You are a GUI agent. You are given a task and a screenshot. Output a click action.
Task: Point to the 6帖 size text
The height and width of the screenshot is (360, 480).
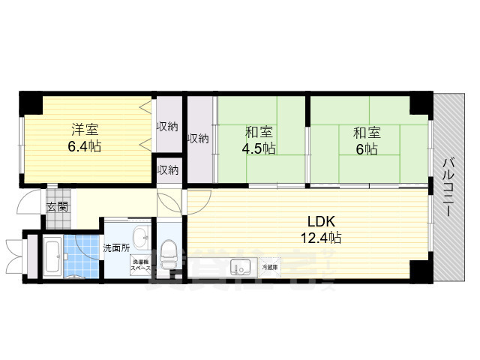click(367, 148)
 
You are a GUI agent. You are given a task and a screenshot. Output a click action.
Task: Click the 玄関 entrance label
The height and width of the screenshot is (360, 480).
click(57, 207)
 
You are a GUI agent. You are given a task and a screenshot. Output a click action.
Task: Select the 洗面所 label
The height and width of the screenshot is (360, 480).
click(116, 247)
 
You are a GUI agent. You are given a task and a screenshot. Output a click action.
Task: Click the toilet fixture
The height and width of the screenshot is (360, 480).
click(168, 255)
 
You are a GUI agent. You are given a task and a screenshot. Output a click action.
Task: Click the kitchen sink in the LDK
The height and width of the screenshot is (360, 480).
click(241, 266)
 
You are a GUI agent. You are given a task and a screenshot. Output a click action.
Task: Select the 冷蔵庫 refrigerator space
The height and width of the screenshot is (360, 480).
click(269, 267)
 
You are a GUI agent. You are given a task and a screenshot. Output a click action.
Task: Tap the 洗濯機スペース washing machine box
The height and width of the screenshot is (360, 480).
click(140, 263)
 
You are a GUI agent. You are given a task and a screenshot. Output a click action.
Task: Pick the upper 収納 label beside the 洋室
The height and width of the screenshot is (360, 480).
click(167, 126)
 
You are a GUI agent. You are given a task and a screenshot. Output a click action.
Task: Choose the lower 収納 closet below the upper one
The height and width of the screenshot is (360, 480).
click(167, 170)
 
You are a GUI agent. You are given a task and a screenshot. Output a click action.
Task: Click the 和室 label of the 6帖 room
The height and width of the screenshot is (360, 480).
click(367, 133)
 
